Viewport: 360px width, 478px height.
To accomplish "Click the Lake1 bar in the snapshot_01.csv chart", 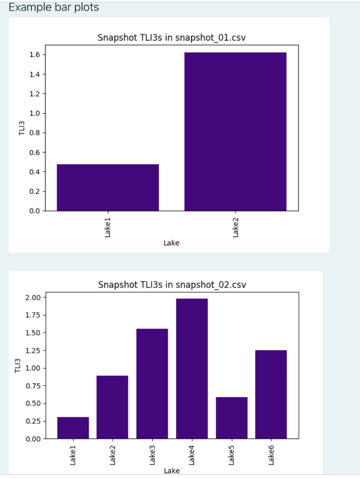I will pos(108,187).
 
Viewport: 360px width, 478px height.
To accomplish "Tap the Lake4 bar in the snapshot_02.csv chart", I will pos(192,368).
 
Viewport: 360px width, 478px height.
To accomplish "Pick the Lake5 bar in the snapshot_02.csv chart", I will pos(231,418).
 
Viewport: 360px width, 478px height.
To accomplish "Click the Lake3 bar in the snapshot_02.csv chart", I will pos(152,384).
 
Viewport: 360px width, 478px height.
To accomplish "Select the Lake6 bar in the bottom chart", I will pos(271,394).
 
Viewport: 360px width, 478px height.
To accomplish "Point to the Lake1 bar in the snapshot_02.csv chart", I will pos(73,428).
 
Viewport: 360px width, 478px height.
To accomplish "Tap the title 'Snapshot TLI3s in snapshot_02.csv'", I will pos(172,285).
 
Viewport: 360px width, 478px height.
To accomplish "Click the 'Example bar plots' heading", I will pos(54,8).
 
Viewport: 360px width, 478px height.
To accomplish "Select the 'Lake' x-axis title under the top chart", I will pos(172,243).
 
